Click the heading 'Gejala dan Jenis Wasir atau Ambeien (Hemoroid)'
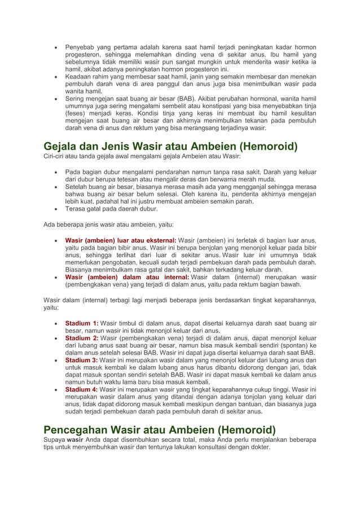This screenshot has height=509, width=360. pos(171,148)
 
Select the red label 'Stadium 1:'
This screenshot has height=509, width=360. pos(82,323)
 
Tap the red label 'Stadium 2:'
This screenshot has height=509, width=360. pos(82,338)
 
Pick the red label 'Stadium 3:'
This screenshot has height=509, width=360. pos(82,360)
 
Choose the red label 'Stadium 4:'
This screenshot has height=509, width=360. pos(82,389)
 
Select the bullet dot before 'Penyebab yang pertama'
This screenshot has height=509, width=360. pos(55,46)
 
